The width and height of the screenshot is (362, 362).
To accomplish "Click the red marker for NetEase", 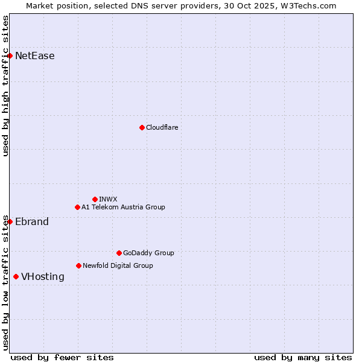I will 10,56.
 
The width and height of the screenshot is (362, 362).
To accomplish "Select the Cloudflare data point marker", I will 142,127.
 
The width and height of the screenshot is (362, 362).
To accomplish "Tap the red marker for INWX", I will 95,199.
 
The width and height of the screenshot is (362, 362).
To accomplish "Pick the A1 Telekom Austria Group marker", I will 77,207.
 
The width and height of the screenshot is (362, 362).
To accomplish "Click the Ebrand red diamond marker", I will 10,221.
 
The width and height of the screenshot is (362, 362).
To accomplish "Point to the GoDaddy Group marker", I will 119,253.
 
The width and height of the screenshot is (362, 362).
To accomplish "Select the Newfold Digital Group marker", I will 78,265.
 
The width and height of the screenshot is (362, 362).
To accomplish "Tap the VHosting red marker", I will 16,276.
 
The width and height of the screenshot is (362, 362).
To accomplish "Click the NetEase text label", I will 35,56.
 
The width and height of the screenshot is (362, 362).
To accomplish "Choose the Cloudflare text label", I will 162,127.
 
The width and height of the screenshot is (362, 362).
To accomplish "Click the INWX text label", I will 108,199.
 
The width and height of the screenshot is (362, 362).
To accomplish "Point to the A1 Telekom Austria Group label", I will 123,207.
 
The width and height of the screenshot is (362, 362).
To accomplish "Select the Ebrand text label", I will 32,221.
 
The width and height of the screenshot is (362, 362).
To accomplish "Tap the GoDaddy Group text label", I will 148,253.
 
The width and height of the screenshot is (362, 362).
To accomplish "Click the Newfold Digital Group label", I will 118,265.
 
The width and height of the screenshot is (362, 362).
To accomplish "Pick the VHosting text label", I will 43,276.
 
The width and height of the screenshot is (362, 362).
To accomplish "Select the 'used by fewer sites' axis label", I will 62,357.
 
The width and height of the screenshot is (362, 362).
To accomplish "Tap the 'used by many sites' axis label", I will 303,357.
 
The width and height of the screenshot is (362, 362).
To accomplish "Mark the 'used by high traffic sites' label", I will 5,86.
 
